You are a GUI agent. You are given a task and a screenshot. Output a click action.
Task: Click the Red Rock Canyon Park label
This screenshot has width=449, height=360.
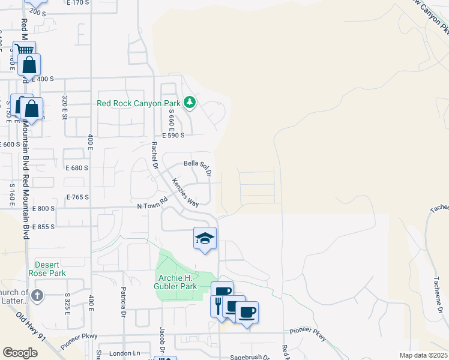pos(138,103)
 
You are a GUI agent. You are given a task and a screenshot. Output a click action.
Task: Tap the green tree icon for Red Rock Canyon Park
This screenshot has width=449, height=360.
pos(190,103)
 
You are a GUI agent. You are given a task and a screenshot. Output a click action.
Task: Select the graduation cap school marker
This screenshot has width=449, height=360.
pos(205,238)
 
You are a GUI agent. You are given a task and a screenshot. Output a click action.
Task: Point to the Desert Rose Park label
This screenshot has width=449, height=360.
pos(50,268)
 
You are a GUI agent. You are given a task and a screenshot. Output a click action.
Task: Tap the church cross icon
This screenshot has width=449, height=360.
pos(37,295)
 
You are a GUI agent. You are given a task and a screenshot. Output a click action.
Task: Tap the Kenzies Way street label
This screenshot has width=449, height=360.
pos(185,192)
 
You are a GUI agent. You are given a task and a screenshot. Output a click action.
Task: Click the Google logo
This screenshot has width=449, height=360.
pos(20,352)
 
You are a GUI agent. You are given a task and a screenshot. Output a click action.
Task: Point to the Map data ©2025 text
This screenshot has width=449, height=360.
pos(423,355)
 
